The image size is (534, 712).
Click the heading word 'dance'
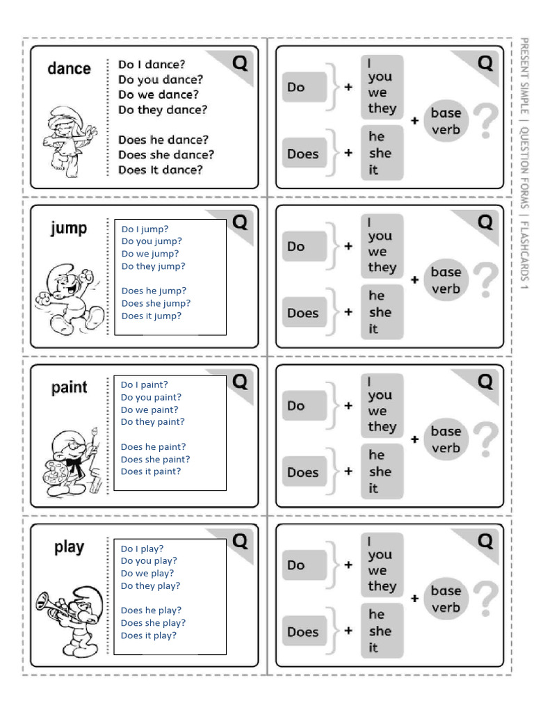(x=69, y=68)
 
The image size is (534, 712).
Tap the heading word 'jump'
(x=69, y=228)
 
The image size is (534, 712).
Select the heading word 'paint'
(x=69, y=387)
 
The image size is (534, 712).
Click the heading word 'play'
(x=69, y=547)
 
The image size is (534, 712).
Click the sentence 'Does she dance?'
(x=166, y=154)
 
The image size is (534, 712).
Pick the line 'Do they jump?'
(x=154, y=266)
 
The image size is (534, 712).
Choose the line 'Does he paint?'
(x=154, y=447)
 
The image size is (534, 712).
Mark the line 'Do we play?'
(x=147, y=574)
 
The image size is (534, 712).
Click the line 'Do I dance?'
(x=152, y=65)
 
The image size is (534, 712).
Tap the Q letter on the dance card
(x=239, y=63)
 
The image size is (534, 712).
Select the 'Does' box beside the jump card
(x=304, y=313)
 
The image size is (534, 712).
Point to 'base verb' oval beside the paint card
(x=446, y=439)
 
